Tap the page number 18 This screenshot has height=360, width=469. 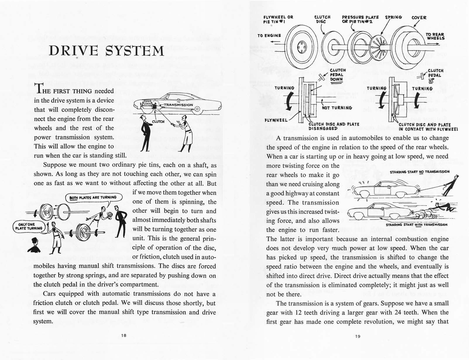click(124, 335)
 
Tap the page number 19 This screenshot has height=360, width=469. click(357, 336)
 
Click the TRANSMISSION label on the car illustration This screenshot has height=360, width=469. click(178, 105)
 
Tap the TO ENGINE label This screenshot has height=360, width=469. click(269, 35)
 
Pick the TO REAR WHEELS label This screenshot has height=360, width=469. click(435, 36)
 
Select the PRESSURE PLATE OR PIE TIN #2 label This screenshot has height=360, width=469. click(360, 19)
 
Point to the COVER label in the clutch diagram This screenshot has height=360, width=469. click(419, 18)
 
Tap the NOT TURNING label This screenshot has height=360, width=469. click(337, 108)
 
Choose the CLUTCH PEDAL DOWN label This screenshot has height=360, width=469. click(337, 75)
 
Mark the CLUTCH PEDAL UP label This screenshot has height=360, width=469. click(435, 75)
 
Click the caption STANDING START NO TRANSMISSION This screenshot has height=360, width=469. click(419, 171)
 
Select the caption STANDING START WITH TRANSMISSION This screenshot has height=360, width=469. click(417, 225)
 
